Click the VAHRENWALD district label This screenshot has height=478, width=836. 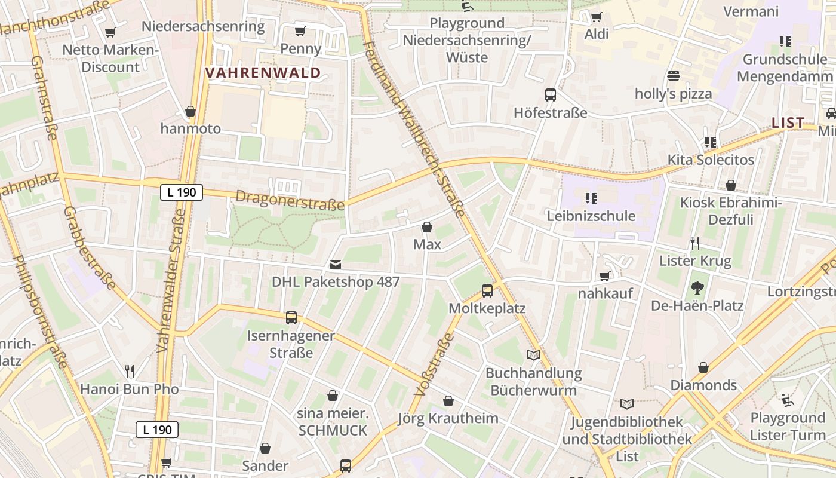[x=263, y=73]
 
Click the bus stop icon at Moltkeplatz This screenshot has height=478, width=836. [x=487, y=291]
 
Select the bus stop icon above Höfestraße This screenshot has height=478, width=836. [x=550, y=95]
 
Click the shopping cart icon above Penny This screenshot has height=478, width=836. [x=300, y=31]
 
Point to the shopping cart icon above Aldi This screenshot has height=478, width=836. [x=596, y=17]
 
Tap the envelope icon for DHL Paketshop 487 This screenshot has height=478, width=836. [x=336, y=265]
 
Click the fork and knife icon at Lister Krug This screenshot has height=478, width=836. [x=694, y=243]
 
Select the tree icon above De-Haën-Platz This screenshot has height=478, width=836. [x=697, y=289]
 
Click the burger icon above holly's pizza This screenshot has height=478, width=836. [x=674, y=76]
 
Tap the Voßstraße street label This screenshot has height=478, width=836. [x=430, y=366]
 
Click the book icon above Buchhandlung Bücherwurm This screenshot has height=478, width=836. [x=533, y=356]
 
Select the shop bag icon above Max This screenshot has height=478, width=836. [x=427, y=227]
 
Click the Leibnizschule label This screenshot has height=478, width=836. [x=591, y=216]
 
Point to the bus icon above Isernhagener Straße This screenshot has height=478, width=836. [x=291, y=318]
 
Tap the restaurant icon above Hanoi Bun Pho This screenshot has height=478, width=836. [x=129, y=372]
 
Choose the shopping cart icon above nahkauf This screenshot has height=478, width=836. [x=605, y=276]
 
